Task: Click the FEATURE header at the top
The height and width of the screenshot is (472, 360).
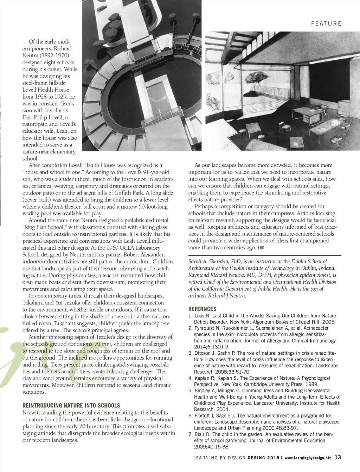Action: (x=326, y=24)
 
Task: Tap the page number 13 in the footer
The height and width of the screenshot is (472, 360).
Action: (x=337, y=457)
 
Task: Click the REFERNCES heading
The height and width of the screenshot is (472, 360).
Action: (x=202, y=309)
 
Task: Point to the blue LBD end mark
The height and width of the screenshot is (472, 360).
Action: (x=261, y=248)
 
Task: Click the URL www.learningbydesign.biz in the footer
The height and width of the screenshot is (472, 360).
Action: (x=308, y=458)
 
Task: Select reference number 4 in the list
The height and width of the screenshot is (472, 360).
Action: (x=190, y=378)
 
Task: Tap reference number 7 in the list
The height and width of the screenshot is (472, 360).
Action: (x=190, y=434)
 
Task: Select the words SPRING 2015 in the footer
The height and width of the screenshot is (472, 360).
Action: (x=263, y=458)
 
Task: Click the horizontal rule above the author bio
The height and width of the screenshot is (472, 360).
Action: (x=264, y=255)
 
